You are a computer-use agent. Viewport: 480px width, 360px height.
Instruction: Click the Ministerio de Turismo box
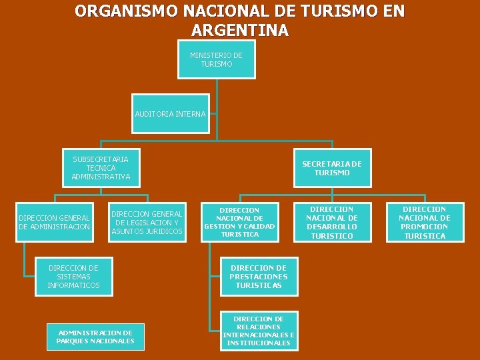pos(216,60)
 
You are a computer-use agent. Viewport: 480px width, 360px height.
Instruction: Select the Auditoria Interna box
pos(170,114)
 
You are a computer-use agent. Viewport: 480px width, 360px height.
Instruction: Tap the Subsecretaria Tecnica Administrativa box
pos(101,168)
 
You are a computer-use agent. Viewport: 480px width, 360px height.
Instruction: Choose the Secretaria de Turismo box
pos(332,169)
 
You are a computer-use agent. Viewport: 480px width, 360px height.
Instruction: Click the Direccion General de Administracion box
pos(54,223)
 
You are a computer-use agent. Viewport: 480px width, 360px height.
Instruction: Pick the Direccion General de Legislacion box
pos(147,223)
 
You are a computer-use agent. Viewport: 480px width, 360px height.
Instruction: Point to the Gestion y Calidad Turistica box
pos(239,222)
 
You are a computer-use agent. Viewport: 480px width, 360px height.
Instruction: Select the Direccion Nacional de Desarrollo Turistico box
pos(332,222)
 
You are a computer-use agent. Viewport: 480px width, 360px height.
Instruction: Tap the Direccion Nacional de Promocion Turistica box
pos(425,222)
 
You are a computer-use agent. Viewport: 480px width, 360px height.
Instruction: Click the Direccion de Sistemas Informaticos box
pos(73,277)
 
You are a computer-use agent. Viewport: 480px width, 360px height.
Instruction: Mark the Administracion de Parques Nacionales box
pos(95,337)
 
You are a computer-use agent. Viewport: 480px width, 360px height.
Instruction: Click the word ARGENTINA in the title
pos(239,30)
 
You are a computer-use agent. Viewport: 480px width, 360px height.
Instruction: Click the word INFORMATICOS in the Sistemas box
pos(73,285)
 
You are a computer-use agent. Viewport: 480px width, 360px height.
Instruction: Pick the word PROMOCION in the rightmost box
pos(425,227)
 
